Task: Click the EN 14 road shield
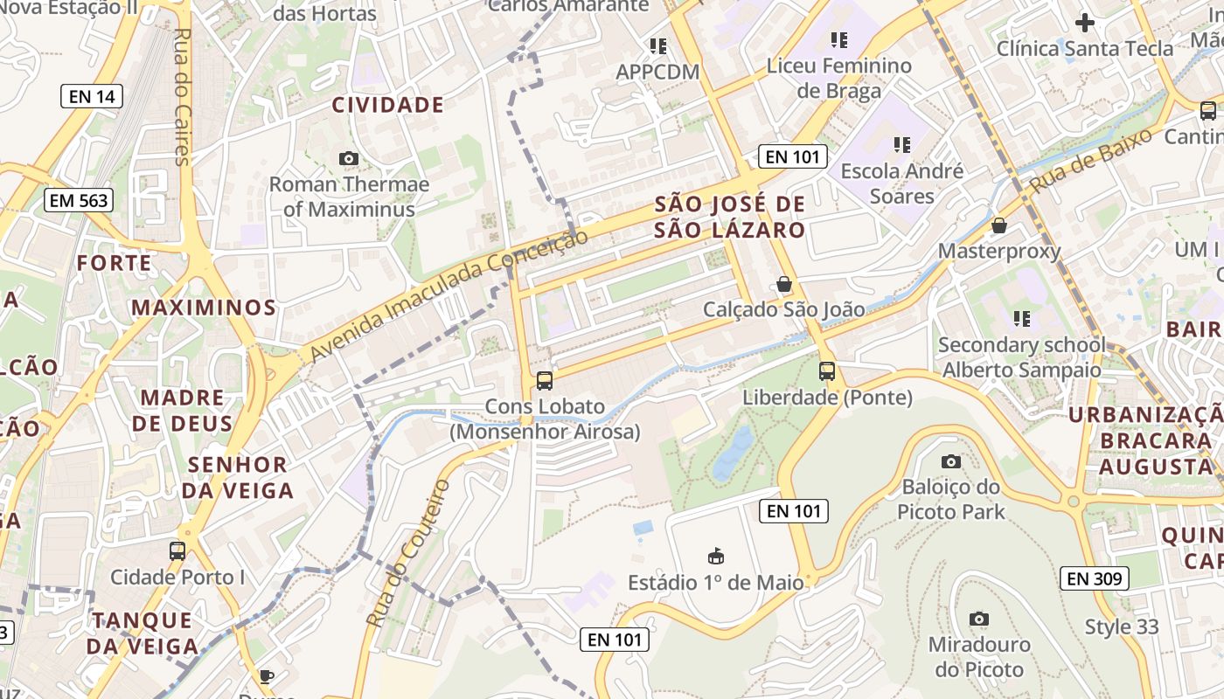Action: coord(92,96)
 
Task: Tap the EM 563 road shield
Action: coord(79,200)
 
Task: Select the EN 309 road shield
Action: coord(1095,578)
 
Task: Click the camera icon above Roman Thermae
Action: coord(349,158)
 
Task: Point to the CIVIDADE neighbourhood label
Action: coord(388,106)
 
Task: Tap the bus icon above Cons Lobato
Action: coord(544,380)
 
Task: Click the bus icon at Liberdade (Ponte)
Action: coord(827,371)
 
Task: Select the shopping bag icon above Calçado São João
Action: coord(784,284)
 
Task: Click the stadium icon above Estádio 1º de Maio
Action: coord(716,556)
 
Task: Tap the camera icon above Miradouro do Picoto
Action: coord(979,619)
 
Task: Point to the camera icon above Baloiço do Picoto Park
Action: coord(951,461)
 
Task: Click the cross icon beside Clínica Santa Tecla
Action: coord(1085,23)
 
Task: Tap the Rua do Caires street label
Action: coord(183,96)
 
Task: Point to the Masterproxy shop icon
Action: coord(999,225)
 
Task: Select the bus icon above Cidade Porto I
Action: coord(177,550)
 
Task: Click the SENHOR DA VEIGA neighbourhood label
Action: coord(238,477)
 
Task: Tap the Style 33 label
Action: coord(1122,626)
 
